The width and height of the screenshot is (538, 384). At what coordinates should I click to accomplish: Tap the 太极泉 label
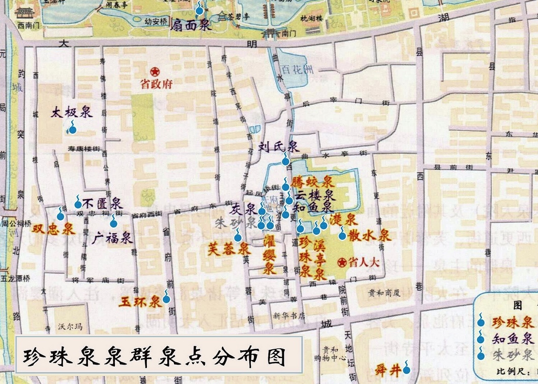pos(71,112)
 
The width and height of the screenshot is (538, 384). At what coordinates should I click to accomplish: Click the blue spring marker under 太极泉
pos(72,129)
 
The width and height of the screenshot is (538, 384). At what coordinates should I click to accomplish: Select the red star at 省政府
pos(155,71)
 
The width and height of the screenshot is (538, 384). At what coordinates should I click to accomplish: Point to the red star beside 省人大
pos(341,262)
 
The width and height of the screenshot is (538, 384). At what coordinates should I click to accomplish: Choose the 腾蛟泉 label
pos(312,182)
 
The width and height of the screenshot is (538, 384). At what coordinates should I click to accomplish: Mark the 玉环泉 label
pos(140,301)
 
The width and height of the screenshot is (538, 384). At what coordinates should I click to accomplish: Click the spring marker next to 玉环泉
pos(166,298)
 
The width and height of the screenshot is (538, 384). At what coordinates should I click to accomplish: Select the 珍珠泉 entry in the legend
pos(512,322)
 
